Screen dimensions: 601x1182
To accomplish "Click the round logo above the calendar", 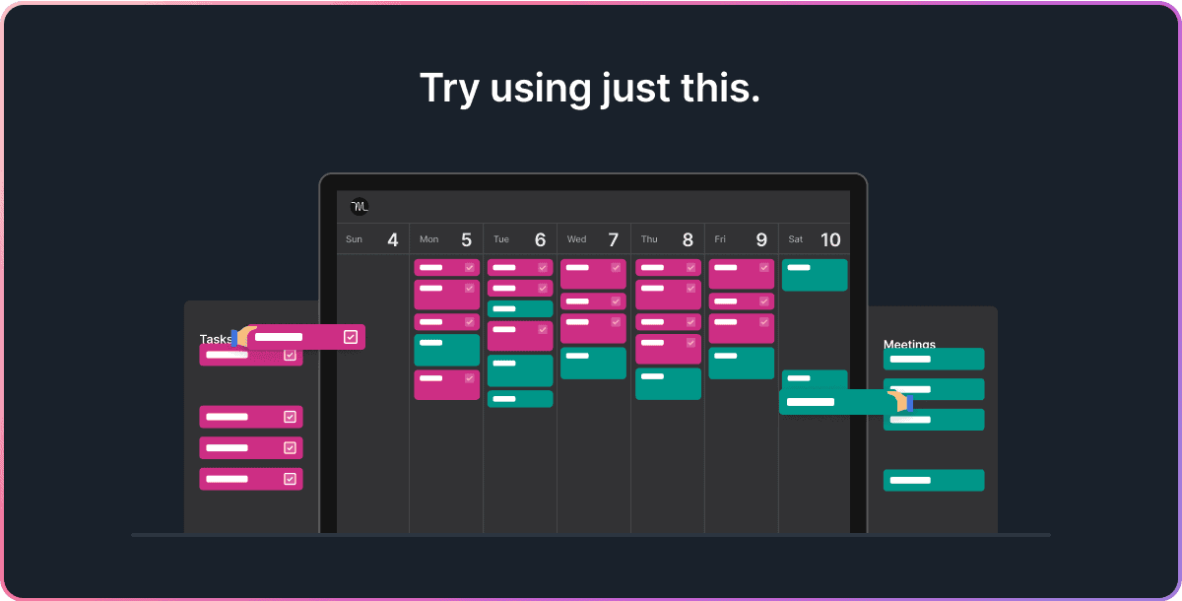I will click(x=360, y=207).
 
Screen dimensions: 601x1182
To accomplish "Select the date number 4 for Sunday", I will click(x=393, y=239).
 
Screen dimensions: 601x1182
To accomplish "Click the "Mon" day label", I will click(x=428, y=239).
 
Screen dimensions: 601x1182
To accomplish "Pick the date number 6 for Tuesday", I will click(x=540, y=239).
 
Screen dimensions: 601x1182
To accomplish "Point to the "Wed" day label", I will click(x=576, y=239).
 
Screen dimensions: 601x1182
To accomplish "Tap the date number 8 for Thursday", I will click(x=688, y=239).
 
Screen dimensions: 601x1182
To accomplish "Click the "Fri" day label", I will click(x=720, y=239).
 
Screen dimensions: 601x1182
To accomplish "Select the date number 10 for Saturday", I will click(x=830, y=239).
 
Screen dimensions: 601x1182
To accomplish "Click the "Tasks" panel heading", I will click(x=215, y=339).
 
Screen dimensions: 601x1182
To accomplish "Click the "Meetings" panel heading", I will click(x=909, y=344).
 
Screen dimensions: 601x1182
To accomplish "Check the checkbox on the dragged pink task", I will click(x=351, y=337).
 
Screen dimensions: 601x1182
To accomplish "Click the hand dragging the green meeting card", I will click(x=898, y=401).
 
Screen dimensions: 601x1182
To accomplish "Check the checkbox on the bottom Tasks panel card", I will click(x=290, y=479).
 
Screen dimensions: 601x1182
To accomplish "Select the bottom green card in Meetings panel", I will click(x=933, y=480).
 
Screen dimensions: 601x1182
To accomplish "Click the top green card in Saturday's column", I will click(x=815, y=275).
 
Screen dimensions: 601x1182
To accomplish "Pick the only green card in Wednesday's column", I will click(x=593, y=363).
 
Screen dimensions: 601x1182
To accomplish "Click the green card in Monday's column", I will click(x=446, y=350).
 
